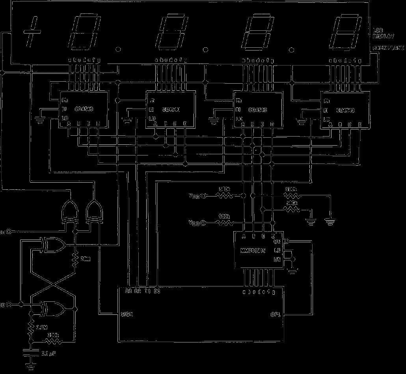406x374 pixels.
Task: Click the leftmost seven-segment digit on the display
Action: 83,32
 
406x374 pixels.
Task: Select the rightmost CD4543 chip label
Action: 345,111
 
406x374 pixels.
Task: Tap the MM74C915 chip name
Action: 253,251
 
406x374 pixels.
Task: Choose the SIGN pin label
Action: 127,314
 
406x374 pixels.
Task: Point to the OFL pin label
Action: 275,315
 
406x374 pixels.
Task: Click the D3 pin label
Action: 128,292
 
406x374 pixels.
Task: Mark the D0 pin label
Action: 156,292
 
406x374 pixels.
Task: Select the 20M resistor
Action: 75,259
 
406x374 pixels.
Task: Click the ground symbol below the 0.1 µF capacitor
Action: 30,367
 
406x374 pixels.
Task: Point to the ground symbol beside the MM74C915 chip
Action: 292,270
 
